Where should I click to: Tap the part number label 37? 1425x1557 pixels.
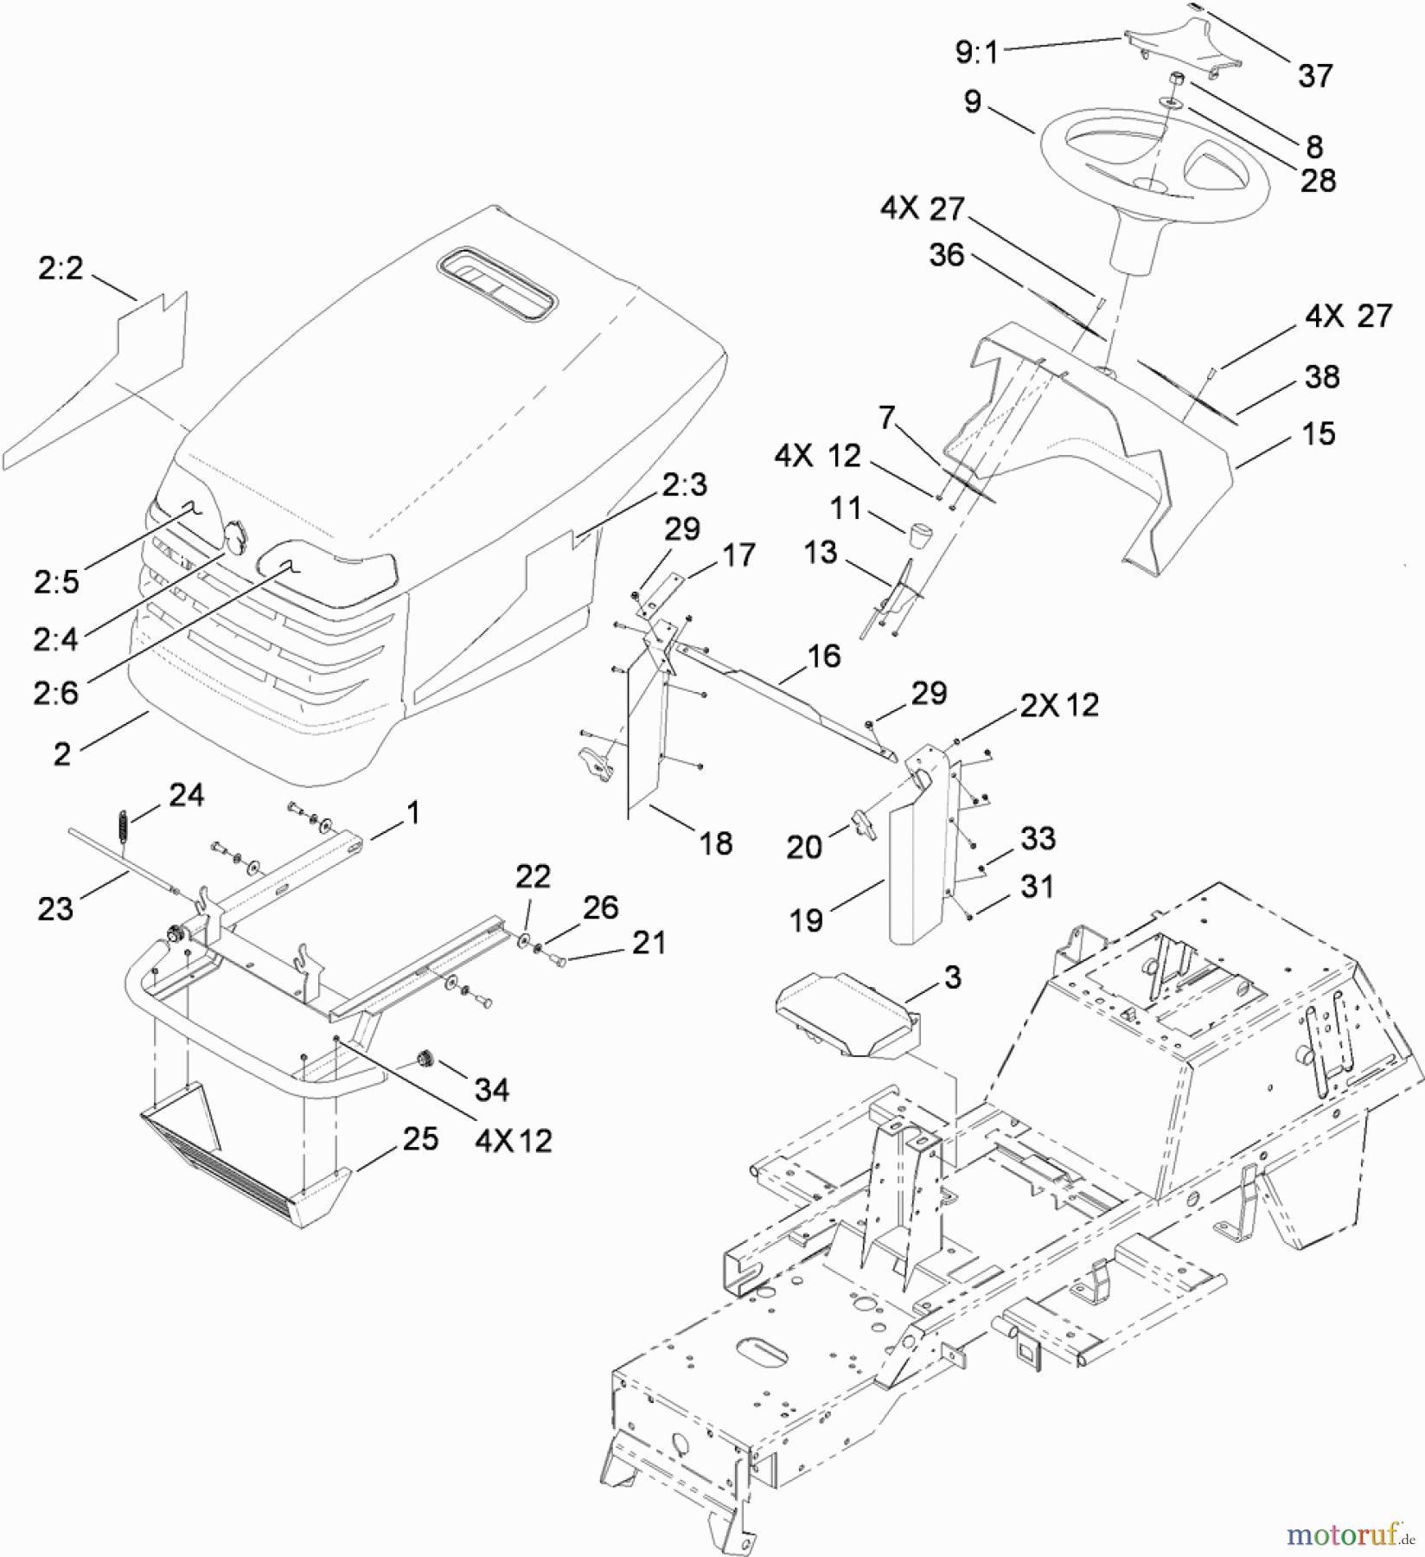click(1314, 76)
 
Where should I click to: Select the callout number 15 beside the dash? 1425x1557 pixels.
click(1318, 433)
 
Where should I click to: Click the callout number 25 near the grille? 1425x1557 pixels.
click(420, 1139)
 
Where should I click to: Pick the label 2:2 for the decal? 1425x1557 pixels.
click(61, 269)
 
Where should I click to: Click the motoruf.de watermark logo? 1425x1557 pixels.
click(1350, 1535)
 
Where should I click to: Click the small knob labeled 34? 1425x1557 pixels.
click(424, 1059)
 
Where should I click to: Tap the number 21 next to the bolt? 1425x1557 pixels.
click(649, 942)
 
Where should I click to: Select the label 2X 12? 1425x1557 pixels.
click(1058, 705)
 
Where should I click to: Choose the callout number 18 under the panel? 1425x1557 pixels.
click(715, 843)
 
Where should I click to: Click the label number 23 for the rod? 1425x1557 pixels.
click(55, 909)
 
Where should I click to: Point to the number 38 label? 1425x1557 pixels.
click(1321, 376)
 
